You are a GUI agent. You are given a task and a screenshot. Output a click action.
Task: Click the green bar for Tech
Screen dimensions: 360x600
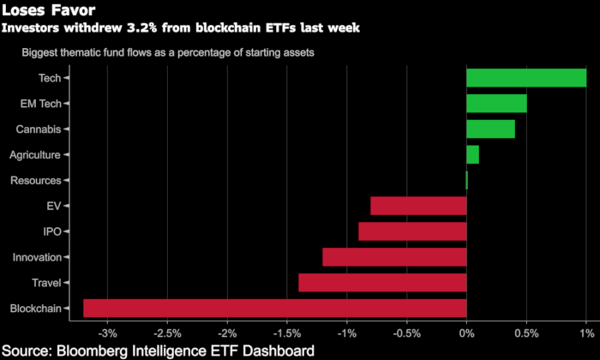coord(526,78)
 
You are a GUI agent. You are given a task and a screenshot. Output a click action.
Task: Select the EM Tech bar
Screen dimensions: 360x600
coord(496,104)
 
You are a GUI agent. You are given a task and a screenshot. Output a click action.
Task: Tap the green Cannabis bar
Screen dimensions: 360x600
coord(490,129)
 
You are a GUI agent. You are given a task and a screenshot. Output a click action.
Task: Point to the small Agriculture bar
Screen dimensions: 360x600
coord(472,155)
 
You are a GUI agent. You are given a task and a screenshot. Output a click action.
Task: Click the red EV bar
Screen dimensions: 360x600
coord(418,206)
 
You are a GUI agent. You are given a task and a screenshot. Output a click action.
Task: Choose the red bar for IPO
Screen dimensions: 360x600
coord(412,231)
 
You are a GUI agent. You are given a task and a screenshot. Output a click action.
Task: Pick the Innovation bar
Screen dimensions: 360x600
coord(394,257)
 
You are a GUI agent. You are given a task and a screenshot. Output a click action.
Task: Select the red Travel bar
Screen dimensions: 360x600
coord(382,283)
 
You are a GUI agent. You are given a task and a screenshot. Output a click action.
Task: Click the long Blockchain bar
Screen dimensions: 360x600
coord(274,309)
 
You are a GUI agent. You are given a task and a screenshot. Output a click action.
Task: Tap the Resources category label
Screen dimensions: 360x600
coord(35,181)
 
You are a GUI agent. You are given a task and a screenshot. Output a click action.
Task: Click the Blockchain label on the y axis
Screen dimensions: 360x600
coord(35,309)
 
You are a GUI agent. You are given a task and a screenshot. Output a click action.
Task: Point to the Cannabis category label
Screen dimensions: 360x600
coord(38,129)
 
